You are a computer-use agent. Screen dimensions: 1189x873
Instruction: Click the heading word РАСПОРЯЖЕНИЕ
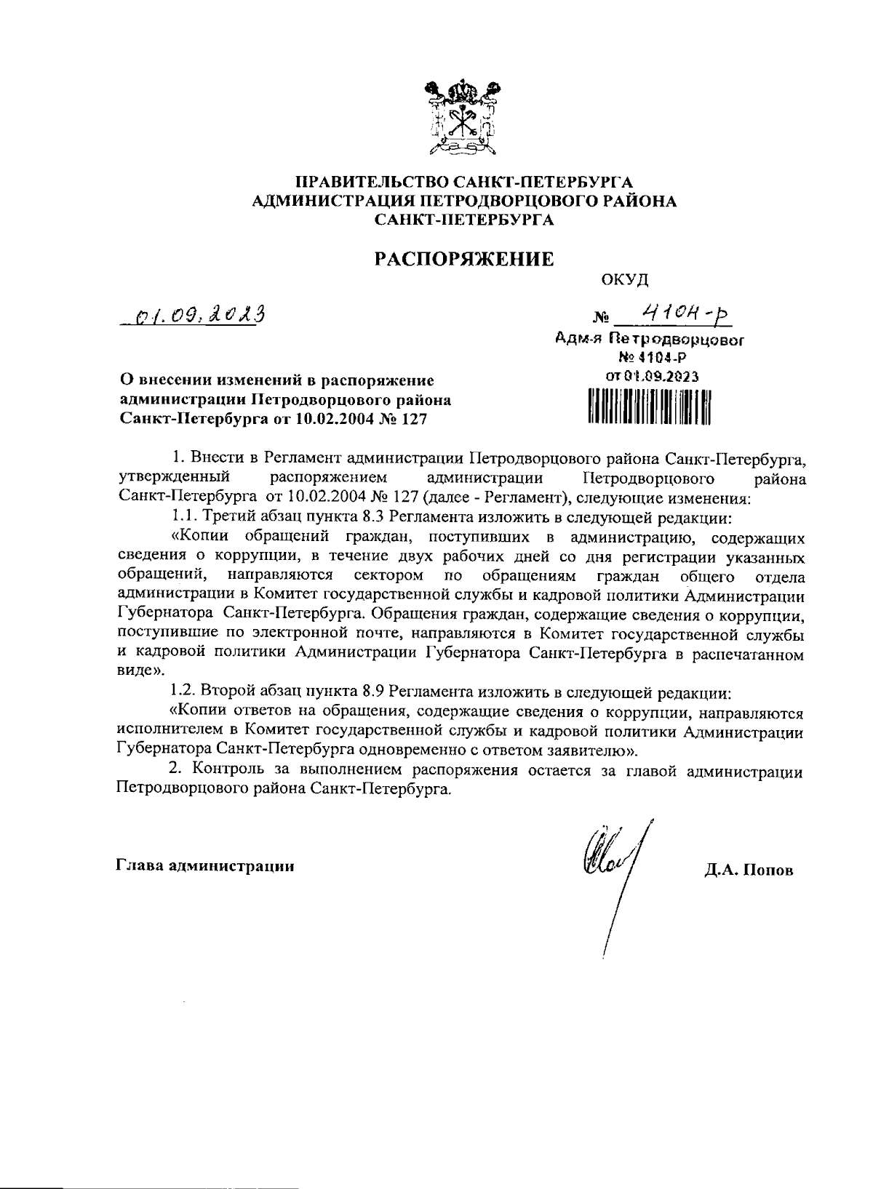(x=463, y=258)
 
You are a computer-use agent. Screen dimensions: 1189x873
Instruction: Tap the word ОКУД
(x=625, y=280)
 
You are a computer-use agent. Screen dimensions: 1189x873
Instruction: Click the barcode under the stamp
(x=648, y=407)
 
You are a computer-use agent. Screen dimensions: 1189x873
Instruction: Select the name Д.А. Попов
(x=749, y=870)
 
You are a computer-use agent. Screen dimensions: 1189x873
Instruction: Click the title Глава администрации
(x=205, y=865)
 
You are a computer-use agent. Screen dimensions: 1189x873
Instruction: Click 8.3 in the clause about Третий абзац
(x=369, y=518)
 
